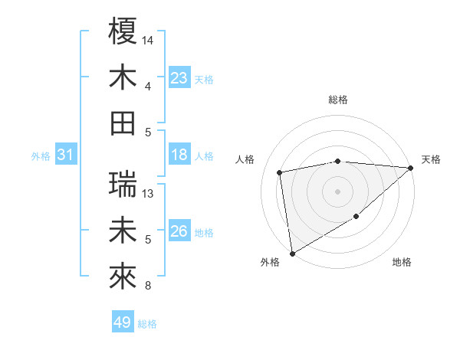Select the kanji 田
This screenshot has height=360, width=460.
coord(123,123)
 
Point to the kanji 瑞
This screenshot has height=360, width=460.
coord(123,184)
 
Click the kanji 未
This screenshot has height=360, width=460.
coord(123,231)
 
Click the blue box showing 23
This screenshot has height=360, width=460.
coord(179,77)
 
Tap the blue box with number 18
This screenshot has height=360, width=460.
coord(179,155)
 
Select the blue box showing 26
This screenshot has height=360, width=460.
coord(179,231)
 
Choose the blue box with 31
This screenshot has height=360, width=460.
coord(66,155)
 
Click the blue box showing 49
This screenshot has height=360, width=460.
coord(123,322)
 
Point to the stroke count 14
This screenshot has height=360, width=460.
coord(149,39)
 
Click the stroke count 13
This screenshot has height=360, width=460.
coord(149,194)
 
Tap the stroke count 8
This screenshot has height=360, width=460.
coord(148,286)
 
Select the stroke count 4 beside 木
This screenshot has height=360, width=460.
coord(148,86)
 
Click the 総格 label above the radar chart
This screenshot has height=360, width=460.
coord(338,100)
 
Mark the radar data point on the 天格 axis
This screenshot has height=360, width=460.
coord(410,169)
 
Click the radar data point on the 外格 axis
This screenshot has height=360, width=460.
coord(292,253)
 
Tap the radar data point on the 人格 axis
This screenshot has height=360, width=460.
coord(280,172)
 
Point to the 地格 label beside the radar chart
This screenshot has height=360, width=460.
coord(402,263)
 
